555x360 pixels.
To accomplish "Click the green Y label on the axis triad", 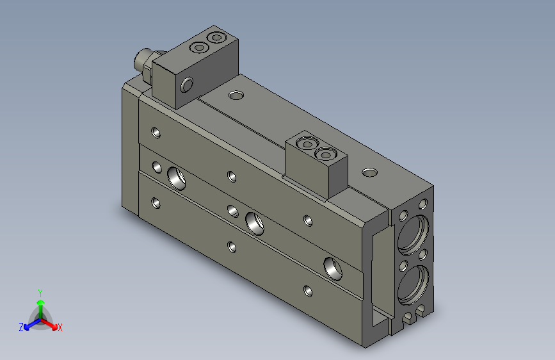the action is tap(40, 293).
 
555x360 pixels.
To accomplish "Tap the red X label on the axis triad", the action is tap(60, 327).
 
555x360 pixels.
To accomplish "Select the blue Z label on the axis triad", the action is tap(21, 327).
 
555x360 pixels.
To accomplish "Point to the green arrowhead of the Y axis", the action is tap(41, 302).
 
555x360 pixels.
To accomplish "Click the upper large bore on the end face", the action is tap(413, 234).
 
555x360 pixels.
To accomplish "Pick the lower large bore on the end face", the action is tap(413, 286).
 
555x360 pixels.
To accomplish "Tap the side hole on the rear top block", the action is tap(186, 85).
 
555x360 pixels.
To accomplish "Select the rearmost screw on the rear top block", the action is tap(216, 37).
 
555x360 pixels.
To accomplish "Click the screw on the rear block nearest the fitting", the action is tap(199, 47).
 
